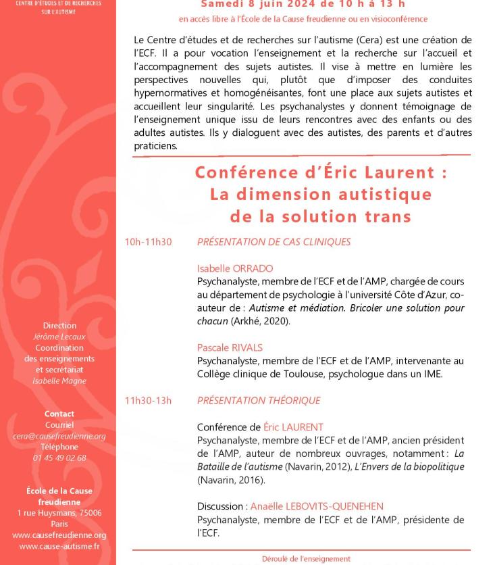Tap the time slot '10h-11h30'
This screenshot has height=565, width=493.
[x=148, y=241]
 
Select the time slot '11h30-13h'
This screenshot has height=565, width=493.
[x=148, y=401]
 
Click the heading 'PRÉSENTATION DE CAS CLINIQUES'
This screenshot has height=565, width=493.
[x=274, y=241]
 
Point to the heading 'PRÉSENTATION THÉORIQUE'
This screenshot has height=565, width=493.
[x=258, y=401]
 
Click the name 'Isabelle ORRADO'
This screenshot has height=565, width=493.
[x=235, y=268]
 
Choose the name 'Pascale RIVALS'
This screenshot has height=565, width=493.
[x=230, y=347]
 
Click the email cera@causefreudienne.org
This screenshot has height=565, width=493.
[x=59, y=436]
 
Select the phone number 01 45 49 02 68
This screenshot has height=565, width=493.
[x=59, y=458]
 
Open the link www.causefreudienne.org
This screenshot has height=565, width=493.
[x=59, y=535]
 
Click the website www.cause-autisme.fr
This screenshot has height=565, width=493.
[x=59, y=546]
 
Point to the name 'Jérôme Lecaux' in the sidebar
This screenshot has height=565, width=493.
[x=59, y=337]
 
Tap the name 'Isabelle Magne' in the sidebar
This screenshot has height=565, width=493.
[x=59, y=380]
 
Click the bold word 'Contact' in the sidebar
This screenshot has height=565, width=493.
[x=59, y=414]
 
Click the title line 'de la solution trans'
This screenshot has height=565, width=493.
[x=321, y=216]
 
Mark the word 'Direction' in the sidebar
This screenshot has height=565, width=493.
[x=59, y=326]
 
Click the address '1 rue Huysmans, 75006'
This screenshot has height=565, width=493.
[x=59, y=513]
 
